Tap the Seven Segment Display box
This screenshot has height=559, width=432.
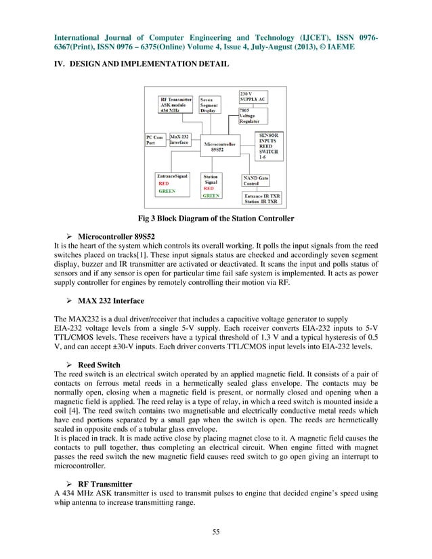(213, 106)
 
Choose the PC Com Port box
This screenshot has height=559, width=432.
(155, 139)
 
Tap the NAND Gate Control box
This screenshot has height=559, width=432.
(257, 181)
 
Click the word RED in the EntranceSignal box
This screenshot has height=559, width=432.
(163, 183)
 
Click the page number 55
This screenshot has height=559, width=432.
(215, 531)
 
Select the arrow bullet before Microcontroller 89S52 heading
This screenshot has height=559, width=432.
(69, 237)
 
